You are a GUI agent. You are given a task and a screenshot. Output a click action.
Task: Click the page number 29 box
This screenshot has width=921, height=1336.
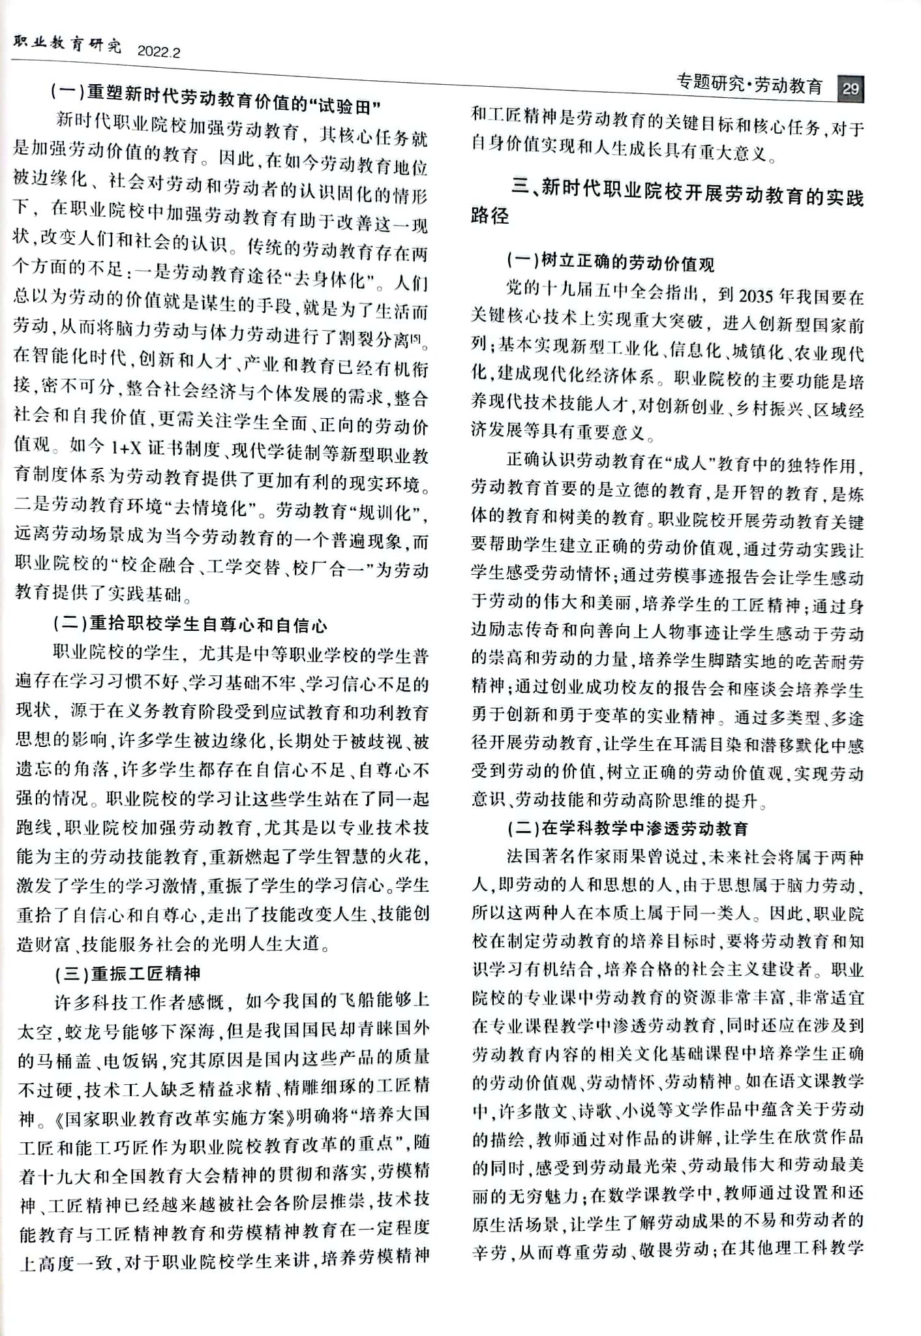[850, 89]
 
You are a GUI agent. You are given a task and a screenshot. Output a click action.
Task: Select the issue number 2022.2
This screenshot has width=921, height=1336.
[159, 52]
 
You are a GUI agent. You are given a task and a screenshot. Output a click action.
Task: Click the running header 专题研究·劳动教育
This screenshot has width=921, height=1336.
[749, 85]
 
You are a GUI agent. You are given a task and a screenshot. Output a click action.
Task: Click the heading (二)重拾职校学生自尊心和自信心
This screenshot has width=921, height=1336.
[190, 625]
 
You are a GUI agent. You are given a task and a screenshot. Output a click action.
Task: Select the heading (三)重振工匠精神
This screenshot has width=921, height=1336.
[128, 974]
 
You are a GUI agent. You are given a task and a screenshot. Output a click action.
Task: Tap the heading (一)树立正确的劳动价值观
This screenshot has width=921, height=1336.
[611, 263]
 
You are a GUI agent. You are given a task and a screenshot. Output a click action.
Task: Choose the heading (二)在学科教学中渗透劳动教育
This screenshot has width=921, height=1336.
[627, 829]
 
